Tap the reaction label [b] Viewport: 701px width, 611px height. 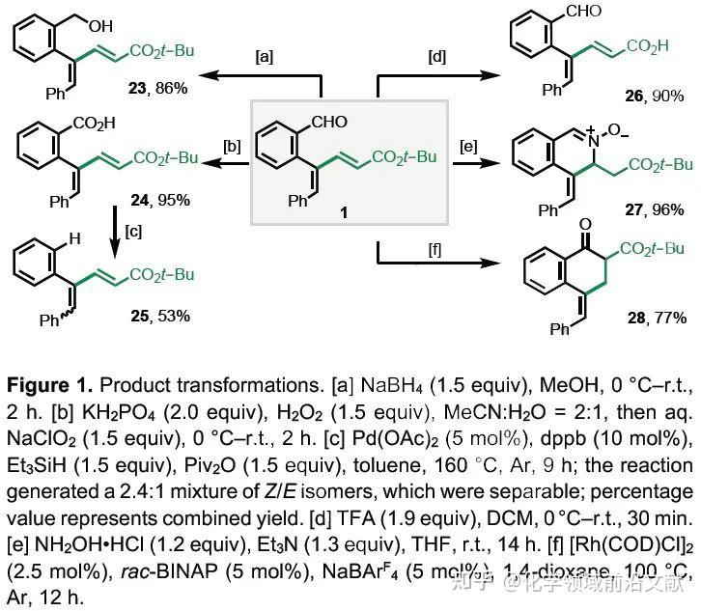click(x=232, y=147)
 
